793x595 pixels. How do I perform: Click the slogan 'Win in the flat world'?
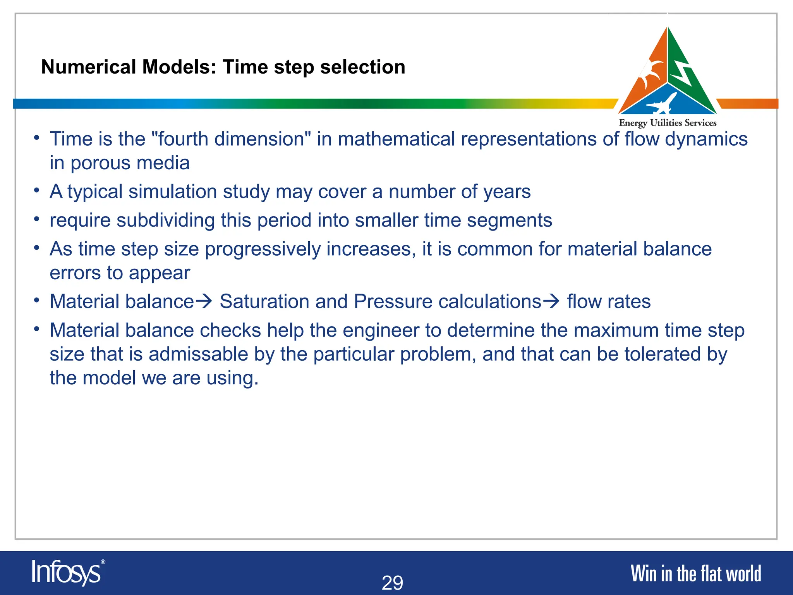pos(696,574)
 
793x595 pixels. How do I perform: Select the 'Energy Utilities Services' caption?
pos(668,123)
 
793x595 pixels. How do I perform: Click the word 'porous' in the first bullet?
pos(100,163)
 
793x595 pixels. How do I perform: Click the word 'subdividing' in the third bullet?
pos(165,220)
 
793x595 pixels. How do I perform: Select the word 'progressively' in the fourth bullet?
pos(263,249)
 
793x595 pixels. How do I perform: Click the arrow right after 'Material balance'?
pos(204,301)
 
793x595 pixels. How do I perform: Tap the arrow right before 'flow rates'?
pos(551,301)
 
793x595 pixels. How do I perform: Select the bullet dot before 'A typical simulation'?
pos(36,190)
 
